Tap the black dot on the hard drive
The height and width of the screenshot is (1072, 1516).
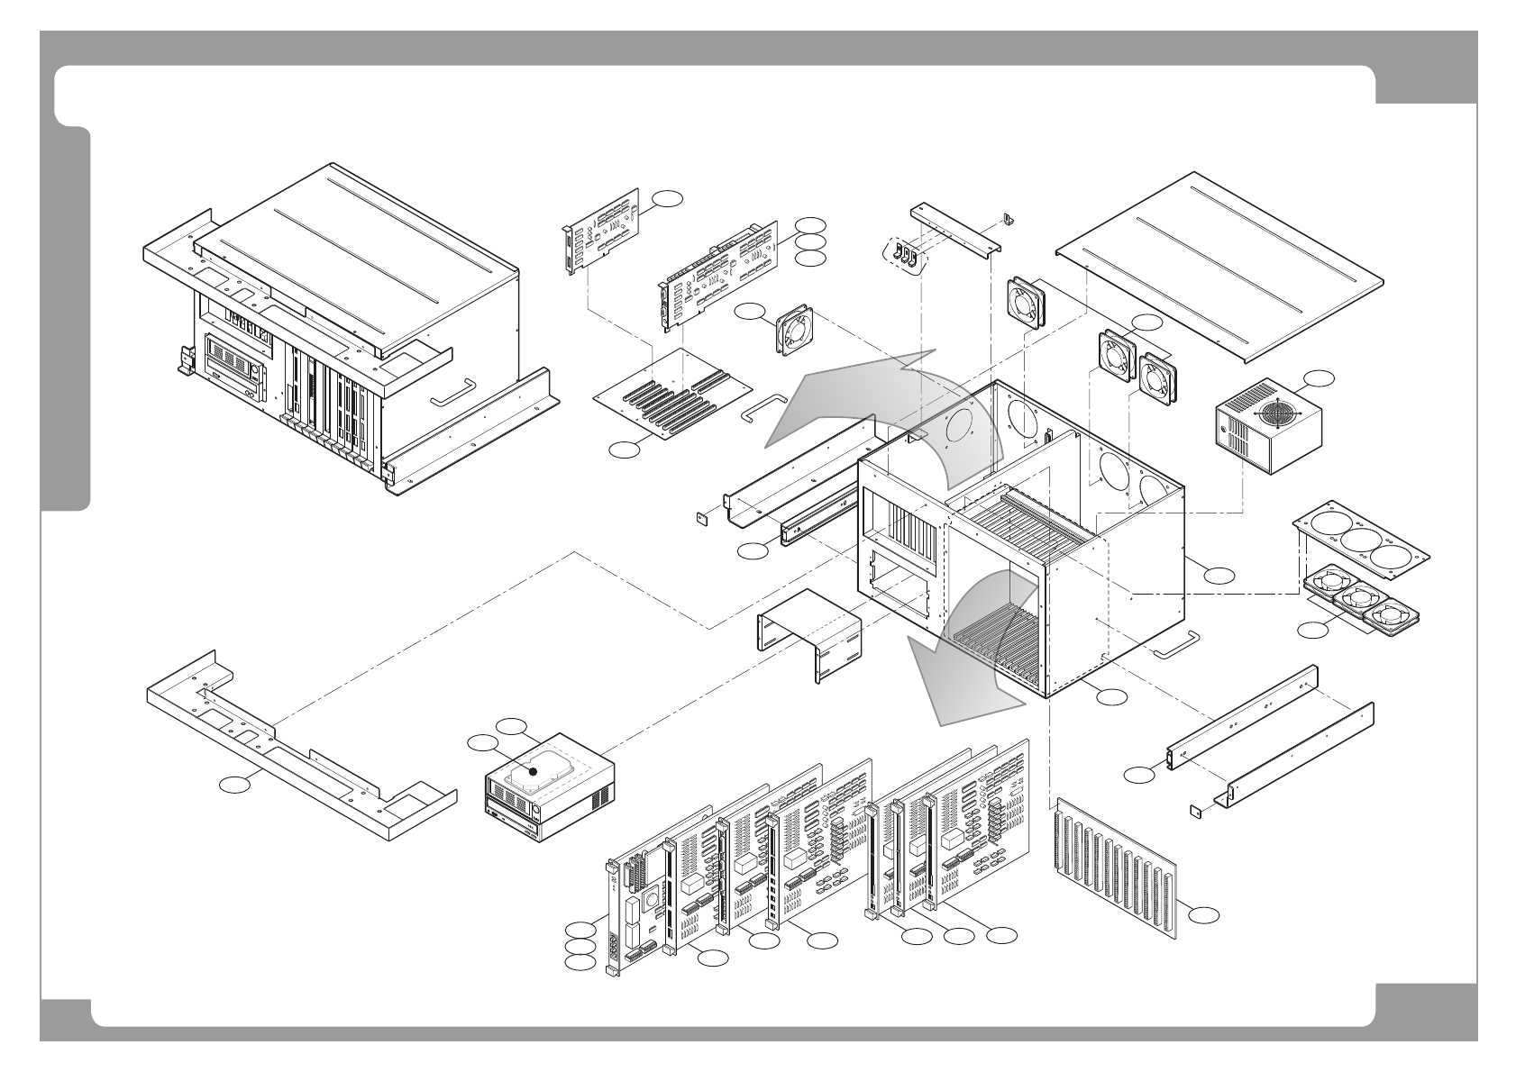pyautogui.click(x=534, y=771)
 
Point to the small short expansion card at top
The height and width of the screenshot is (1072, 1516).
pyautogui.click(x=599, y=230)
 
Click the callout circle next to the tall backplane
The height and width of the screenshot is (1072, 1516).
pyautogui.click(x=1204, y=915)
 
